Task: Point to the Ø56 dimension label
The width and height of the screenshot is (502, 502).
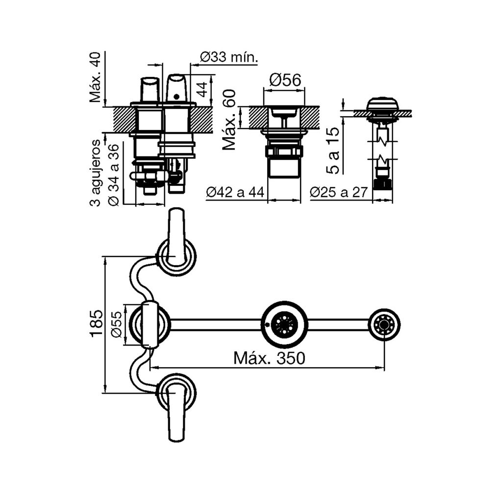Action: pyautogui.click(x=284, y=80)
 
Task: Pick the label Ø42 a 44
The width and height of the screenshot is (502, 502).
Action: pyautogui.click(x=235, y=193)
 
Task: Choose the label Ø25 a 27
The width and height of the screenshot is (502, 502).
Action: pyautogui.click(x=339, y=193)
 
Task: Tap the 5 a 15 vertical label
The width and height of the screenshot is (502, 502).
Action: pyautogui.click(x=333, y=149)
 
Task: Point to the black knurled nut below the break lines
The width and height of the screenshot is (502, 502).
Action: pyautogui.click(x=383, y=184)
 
